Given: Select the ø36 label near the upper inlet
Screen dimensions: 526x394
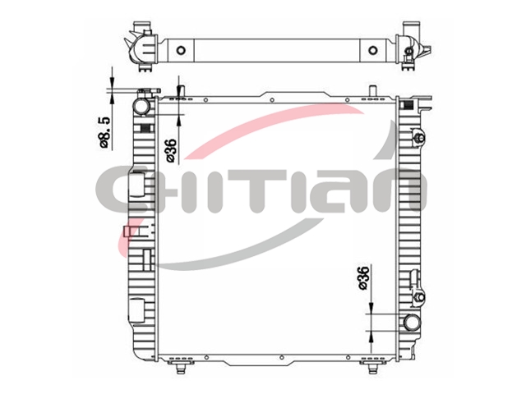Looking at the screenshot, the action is click(172, 150).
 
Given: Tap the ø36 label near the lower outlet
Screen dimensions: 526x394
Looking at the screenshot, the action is click(363, 277).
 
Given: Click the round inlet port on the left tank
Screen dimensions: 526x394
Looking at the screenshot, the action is click(141, 106).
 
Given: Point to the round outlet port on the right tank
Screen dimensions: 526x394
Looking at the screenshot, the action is click(412, 323).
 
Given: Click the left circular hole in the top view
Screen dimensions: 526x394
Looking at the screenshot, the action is click(181, 50).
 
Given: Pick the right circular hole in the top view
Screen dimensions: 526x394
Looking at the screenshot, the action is click(372, 50).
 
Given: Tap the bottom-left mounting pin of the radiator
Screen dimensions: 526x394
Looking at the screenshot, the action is click(181, 369).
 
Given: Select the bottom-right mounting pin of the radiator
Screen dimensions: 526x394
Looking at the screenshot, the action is click(372, 369).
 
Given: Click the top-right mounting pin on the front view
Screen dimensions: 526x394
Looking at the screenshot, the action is click(372, 91).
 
